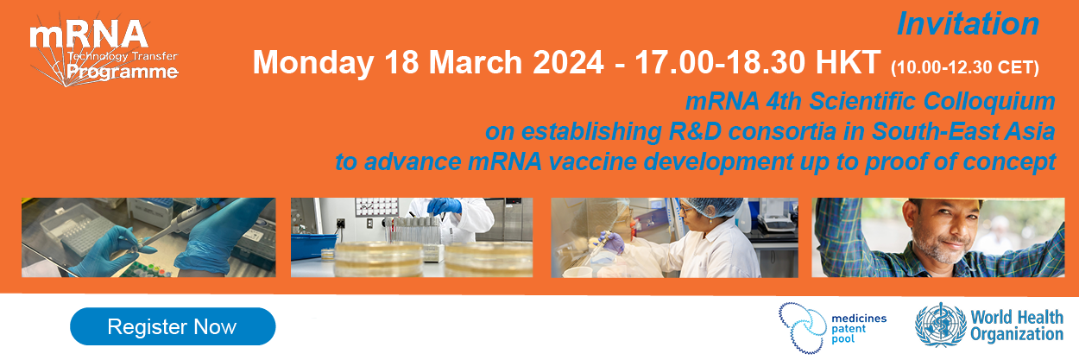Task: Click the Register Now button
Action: coord(173,326)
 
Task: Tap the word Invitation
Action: coord(968,23)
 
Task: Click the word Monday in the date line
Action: coord(313,63)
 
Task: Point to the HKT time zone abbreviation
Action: coord(849,62)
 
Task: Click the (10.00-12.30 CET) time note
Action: coord(965,67)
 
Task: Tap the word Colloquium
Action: coord(989,102)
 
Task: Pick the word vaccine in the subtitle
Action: coord(592,161)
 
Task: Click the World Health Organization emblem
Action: coord(940,325)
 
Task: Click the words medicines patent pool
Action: coord(859,329)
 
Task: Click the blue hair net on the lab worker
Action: coord(712,206)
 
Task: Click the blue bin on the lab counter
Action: coord(313,247)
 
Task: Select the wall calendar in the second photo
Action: coord(376,207)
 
